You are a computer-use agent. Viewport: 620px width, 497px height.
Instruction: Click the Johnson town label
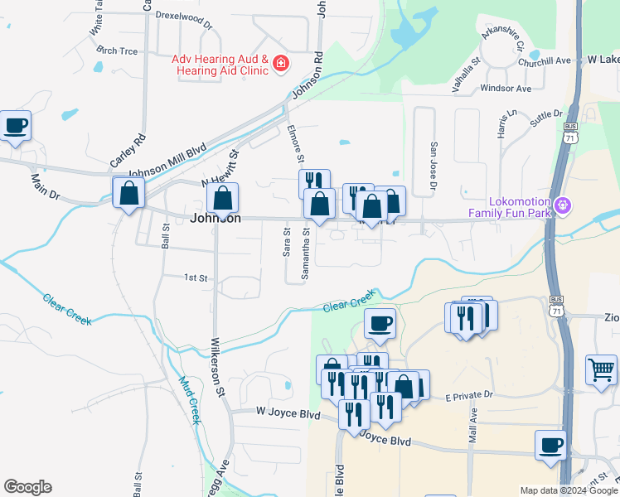(216, 219)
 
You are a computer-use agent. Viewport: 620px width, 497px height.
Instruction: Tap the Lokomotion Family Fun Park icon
(564, 203)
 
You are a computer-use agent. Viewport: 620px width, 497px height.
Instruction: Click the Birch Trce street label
(117, 51)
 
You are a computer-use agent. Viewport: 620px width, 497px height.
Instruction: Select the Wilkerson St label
(218, 365)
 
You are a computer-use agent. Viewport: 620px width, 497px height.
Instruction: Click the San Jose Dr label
(433, 166)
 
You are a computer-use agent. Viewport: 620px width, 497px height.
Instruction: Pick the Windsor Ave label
(505, 88)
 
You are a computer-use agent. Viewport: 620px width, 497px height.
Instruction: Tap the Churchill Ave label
(545, 60)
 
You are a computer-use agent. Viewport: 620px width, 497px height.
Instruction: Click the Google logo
(27, 487)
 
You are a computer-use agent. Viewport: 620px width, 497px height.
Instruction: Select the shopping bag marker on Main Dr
(129, 194)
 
